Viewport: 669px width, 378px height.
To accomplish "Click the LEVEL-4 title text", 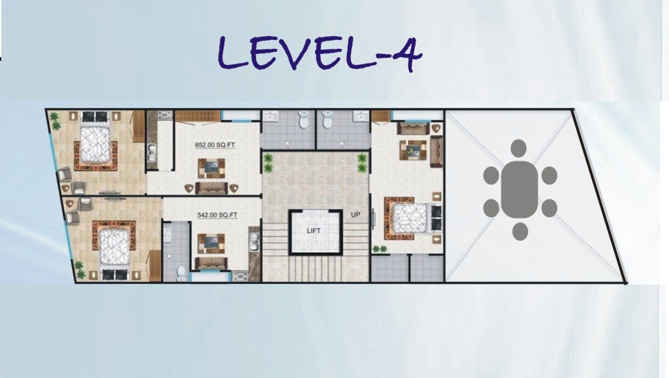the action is tap(320, 53).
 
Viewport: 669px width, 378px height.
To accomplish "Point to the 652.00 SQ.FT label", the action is tap(215, 145).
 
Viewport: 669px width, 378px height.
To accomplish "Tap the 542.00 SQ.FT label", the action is tap(217, 215).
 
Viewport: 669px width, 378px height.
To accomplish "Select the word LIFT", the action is tap(314, 231).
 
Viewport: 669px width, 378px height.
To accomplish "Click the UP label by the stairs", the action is tap(355, 215).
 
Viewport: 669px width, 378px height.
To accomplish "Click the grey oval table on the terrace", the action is tap(519, 189).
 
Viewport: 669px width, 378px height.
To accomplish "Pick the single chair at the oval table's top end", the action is tap(518, 148).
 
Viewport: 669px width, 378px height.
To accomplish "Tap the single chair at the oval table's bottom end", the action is tap(520, 231).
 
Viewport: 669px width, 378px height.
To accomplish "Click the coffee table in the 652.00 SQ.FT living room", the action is tap(211, 168).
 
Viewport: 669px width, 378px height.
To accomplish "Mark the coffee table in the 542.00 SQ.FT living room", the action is tap(211, 243).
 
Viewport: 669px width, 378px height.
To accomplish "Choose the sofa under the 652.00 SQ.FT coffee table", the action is tap(211, 187).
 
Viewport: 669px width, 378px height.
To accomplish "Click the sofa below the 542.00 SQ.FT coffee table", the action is tap(211, 263).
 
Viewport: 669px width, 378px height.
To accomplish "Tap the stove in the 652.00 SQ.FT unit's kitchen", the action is tap(165, 115).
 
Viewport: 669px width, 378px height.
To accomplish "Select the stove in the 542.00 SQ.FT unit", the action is tap(240, 276).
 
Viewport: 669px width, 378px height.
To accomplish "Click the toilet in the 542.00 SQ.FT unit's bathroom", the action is tap(181, 274).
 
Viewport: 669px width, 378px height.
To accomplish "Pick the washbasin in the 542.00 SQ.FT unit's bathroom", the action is tap(168, 233).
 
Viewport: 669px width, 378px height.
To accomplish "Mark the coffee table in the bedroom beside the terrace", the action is tap(412, 149).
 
